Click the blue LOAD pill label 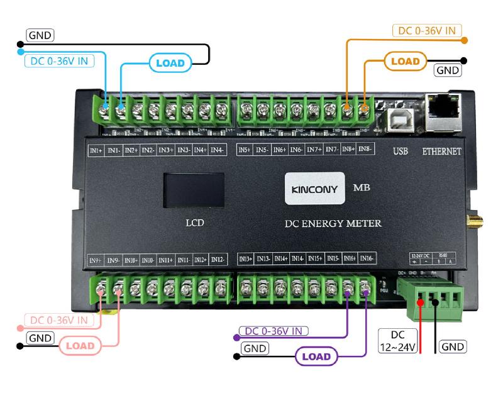pos(170,63)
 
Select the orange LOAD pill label pos(405,62)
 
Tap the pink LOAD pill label pos(80,346)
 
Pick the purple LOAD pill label pos(316,357)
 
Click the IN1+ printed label pos(96,150)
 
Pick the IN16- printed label pos(367,258)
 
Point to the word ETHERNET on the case pos(441,152)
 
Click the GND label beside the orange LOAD pos(448,70)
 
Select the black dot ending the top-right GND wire pos(464,61)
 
